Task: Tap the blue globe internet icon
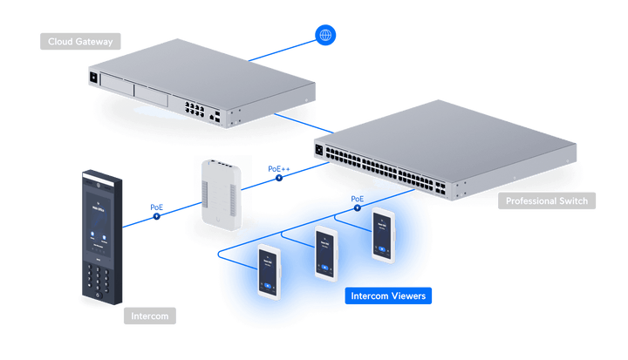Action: (x=326, y=35)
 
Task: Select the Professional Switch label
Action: (x=546, y=201)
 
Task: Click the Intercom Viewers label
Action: (x=387, y=296)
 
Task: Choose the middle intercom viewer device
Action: (x=326, y=253)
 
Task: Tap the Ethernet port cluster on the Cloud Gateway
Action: (x=196, y=110)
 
